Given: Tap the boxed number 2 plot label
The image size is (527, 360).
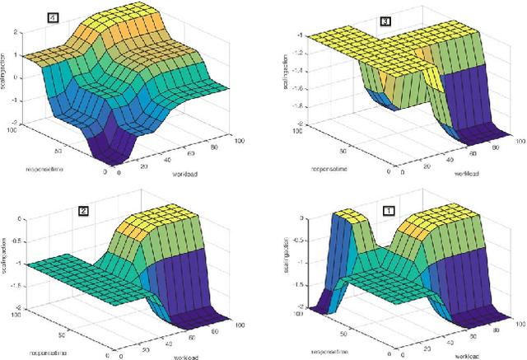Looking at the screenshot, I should [x=83, y=211].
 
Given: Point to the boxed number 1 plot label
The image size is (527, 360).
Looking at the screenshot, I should [x=389, y=210].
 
